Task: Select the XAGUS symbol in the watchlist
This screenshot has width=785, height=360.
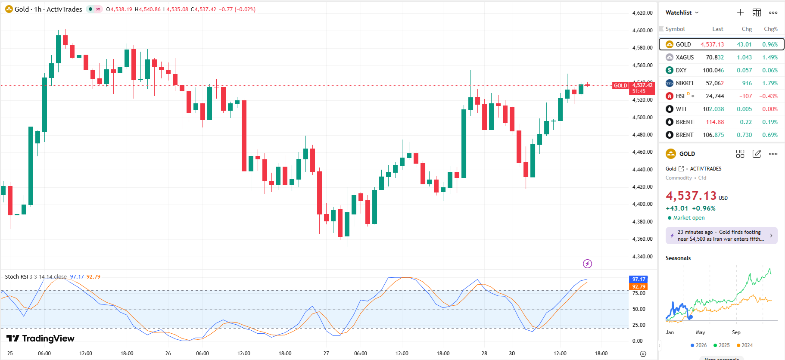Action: click(x=684, y=57)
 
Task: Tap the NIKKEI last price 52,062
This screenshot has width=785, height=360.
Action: click(x=714, y=83)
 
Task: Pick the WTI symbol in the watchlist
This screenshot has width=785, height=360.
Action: click(x=681, y=109)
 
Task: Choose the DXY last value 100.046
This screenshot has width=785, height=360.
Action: click(x=713, y=70)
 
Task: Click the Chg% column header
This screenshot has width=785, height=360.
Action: click(x=770, y=29)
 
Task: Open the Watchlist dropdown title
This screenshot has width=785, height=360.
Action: click(x=682, y=12)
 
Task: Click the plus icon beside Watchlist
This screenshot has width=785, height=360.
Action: click(x=740, y=12)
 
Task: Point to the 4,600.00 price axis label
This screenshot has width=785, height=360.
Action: click(x=642, y=31)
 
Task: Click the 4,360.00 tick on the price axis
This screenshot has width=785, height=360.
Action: click(x=642, y=239)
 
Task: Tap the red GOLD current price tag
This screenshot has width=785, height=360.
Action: click(x=620, y=86)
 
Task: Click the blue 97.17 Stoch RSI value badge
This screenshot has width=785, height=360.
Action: click(x=639, y=279)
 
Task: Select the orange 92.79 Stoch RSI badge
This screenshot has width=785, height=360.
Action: click(x=639, y=287)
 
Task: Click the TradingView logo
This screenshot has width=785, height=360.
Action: click(x=40, y=338)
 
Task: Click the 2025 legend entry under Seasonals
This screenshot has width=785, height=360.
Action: click(x=722, y=345)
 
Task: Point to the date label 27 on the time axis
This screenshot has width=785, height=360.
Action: click(x=326, y=354)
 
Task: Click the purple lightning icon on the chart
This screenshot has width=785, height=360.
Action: click(x=587, y=264)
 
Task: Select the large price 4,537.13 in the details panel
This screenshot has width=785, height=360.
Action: click(x=691, y=196)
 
